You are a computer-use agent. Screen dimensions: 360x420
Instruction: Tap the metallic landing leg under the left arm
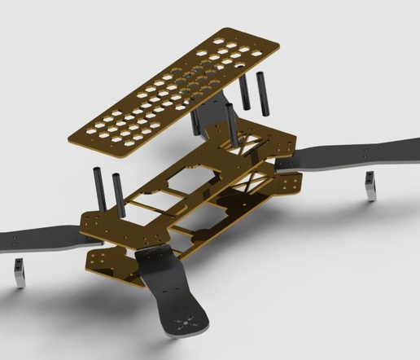pyautogui.click(x=17, y=273)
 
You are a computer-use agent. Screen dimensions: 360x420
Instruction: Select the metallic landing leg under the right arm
pyautogui.click(x=370, y=186)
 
